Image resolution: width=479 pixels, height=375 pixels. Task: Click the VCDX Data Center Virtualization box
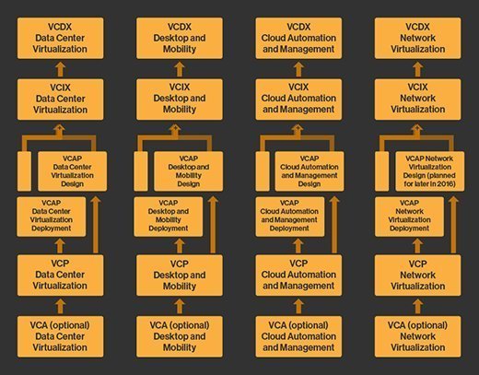(x=60, y=38)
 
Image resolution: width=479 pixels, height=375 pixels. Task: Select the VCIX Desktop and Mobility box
(x=180, y=100)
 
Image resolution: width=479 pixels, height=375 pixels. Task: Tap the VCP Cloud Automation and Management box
(x=298, y=275)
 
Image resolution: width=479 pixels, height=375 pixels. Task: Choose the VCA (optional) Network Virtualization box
(x=417, y=336)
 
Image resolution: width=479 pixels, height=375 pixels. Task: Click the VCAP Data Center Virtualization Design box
(x=73, y=171)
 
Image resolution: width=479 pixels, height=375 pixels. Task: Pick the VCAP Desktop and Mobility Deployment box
(x=169, y=217)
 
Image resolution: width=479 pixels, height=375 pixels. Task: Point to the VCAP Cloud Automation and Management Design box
(x=310, y=171)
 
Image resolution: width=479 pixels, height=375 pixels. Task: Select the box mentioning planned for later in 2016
(x=430, y=171)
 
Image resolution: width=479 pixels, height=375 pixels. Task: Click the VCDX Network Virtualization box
(x=417, y=38)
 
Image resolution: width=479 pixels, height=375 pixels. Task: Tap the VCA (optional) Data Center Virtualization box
(x=60, y=336)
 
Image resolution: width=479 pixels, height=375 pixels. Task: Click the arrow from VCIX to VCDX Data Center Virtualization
(x=61, y=69)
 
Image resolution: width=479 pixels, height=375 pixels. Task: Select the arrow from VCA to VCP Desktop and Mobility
(x=180, y=307)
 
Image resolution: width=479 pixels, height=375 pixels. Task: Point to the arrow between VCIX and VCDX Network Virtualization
(x=417, y=69)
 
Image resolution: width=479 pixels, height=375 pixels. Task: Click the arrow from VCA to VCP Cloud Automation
(x=298, y=307)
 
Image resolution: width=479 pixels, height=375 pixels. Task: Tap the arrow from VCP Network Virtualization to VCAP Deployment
(x=417, y=246)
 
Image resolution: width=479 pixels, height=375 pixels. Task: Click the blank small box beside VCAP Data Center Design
(x=24, y=171)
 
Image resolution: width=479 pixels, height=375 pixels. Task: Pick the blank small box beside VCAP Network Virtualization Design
(x=382, y=171)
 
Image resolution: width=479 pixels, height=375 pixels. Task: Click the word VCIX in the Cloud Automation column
(x=298, y=88)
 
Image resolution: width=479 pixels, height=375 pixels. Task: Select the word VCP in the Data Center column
(x=60, y=264)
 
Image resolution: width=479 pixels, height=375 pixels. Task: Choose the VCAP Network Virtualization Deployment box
(x=409, y=217)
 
